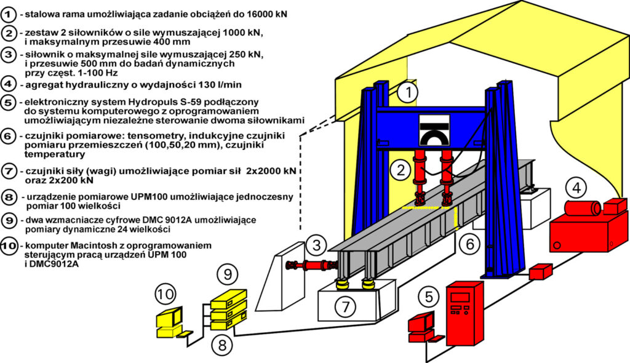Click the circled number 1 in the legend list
(9, 12)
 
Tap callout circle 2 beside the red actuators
(401, 169)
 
